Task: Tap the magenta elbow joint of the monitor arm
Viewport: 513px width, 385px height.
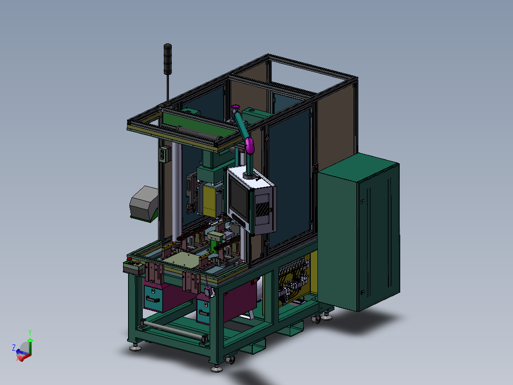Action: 249,146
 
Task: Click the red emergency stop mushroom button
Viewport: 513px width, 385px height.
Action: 129,261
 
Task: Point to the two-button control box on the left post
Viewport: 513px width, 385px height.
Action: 165,154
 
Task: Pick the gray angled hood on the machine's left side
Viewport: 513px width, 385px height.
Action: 144,203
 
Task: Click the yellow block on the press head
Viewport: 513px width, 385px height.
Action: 209,200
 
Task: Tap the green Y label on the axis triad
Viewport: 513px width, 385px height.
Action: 30,333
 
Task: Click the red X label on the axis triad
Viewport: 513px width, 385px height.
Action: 18,358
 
